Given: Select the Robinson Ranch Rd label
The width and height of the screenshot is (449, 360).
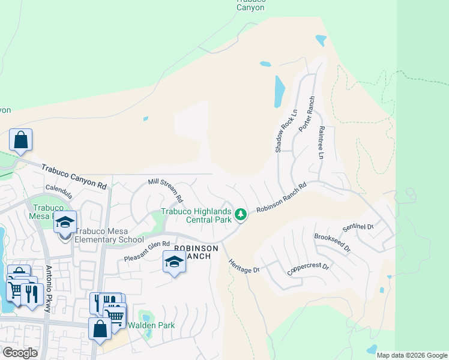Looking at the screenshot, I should pos(281,197).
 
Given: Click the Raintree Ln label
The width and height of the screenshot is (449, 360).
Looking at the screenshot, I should pos(321,142).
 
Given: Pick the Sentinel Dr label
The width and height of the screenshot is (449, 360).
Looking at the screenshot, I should pos(358,228).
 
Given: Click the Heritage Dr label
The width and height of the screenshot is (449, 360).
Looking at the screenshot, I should pos(243,265).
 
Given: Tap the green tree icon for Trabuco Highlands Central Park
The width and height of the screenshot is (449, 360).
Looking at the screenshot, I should pos(241,214).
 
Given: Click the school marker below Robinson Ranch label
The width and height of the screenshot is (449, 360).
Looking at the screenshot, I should pos(174,262).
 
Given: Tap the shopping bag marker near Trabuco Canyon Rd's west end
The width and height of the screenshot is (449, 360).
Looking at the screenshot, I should pos(20,140).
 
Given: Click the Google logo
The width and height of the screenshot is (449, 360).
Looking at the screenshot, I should pos(20,353).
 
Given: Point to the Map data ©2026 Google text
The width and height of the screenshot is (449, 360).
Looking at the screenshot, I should pos(412,355).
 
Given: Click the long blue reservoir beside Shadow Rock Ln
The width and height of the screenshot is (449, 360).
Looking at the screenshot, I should pos(280,91).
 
